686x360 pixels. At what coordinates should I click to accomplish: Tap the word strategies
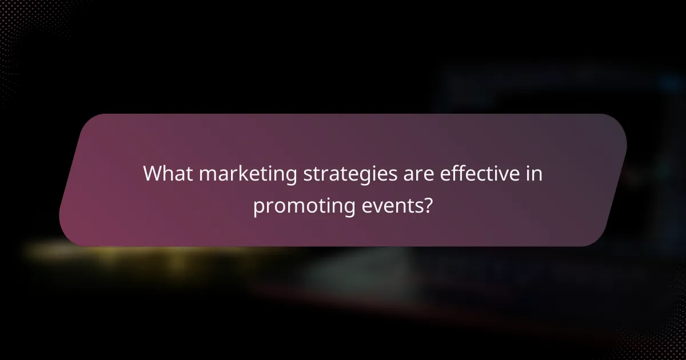[x=349, y=174]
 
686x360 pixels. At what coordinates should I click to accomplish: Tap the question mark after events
[x=427, y=205]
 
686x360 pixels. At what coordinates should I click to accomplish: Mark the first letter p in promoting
[x=259, y=207]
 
